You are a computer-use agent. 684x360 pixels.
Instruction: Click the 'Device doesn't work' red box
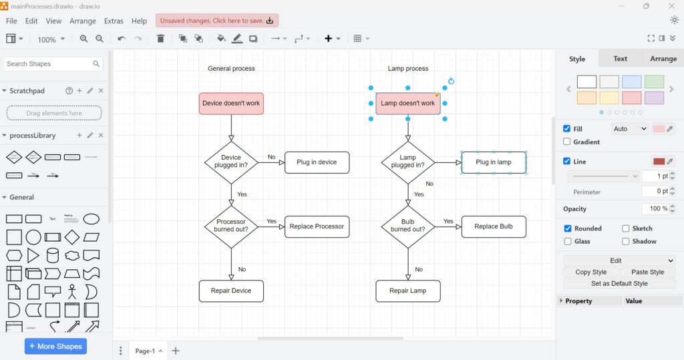point(231,104)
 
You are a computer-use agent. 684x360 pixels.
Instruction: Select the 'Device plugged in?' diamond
point(231,162)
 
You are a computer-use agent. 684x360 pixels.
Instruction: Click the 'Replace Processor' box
point(317,226)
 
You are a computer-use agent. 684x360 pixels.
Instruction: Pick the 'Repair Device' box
point(231,291)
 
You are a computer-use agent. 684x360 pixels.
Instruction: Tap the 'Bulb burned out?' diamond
point(407,226)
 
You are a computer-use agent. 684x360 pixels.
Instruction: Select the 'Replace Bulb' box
point(494,226)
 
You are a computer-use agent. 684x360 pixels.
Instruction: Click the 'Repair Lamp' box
point(407,291)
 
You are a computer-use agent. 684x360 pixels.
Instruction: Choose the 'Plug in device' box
point(317,162)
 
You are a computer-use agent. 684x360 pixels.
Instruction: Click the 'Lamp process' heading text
point(408,68)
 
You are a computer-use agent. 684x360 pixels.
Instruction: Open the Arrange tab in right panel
point(663,59)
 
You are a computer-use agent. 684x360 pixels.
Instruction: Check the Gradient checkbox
point(567,142)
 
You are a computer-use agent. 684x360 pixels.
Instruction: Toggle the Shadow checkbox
point(626,241)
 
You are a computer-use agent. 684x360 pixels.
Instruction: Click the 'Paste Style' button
point(647,272)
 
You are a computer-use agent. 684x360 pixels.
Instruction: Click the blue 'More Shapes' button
point(55,346)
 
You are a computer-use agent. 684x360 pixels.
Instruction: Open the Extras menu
point(114,21)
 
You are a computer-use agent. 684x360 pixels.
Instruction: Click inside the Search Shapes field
point(47,64)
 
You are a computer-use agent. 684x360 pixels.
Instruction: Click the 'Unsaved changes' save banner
point(217,21)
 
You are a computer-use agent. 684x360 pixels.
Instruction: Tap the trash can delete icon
point(160,39)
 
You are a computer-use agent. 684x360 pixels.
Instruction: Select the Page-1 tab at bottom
point(145,351)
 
